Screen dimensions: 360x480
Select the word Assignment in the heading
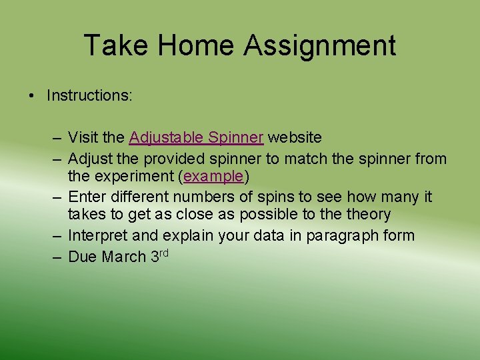coord(320,46)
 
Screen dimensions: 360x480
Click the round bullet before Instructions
coord(32,96)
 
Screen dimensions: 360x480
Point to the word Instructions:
coord(89,95)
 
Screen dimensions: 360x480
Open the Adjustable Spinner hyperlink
coord(197,138)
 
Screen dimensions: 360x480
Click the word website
coord(295,138)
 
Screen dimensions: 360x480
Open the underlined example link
coord(214,177)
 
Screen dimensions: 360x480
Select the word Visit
coord(83,138)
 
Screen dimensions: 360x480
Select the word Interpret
coord(99,235)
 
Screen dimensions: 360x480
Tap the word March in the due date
coord(124,257)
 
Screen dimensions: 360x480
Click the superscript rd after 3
coord(163,252)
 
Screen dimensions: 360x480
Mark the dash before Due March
coord(58,257)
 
